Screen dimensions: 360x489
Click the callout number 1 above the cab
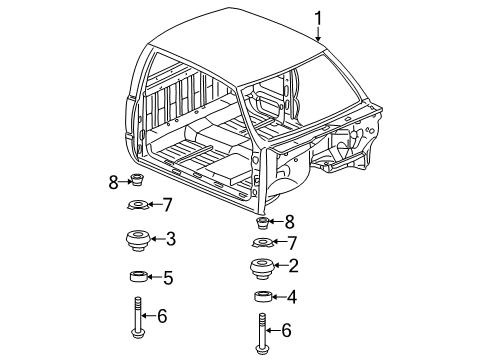(x=320, y=16)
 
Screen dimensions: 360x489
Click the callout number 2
(x=293, y=266)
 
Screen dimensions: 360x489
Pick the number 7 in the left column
(x=168, y=206)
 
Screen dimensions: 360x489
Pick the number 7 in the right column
(x=292, y=242)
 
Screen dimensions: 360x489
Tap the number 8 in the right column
(x=290, y=222)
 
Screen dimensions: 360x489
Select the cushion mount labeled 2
(x=259, y=268)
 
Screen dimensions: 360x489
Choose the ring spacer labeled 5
(x=138, y=277)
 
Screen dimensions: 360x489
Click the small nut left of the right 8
(x=263, y=222)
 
